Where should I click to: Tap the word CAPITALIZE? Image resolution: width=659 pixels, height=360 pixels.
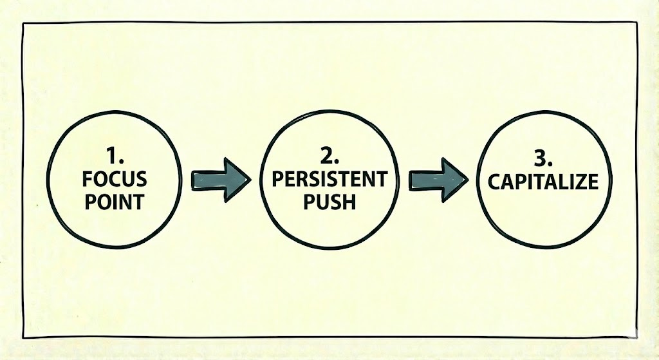tap(543, 182)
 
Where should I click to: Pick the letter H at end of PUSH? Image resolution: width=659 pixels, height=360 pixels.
tap(348, 202)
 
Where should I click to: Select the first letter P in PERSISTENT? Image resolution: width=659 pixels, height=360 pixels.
tap(277, 180)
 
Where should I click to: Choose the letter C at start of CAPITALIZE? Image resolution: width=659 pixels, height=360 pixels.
tap(494, 182)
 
